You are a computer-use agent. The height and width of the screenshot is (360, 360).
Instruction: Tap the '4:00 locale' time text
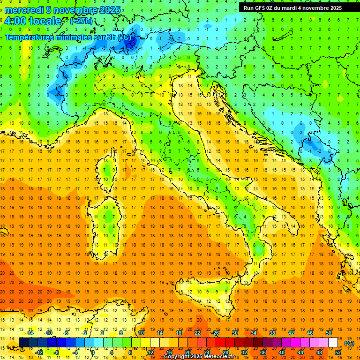33,21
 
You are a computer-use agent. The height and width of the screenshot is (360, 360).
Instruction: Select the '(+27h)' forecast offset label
81,21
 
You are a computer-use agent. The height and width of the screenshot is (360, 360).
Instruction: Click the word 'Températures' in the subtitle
32,37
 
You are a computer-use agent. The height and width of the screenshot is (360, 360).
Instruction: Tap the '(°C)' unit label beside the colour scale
350,343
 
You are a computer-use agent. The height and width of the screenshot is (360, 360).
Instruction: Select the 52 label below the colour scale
338,352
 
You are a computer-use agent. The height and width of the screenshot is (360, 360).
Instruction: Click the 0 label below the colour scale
93,352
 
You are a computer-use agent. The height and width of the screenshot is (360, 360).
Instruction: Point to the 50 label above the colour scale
329,333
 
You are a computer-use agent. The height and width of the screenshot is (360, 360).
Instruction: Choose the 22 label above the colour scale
197,333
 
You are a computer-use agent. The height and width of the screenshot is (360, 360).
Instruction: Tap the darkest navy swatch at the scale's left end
23,343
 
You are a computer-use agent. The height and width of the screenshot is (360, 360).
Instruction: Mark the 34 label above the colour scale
254,333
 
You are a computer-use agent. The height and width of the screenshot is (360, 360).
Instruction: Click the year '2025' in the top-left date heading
110,10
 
